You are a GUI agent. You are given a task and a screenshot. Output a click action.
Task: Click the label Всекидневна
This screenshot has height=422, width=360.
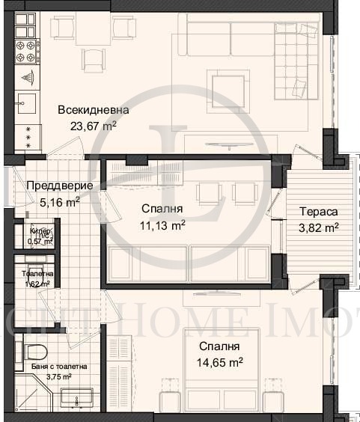click(93, 110)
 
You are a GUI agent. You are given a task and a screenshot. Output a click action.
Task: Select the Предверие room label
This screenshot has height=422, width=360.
click(59, 186)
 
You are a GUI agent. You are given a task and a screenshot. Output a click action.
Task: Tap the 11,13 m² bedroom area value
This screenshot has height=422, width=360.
click(163, 224)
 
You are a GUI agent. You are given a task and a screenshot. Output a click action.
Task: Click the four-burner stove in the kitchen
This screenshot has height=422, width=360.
click(26, 51)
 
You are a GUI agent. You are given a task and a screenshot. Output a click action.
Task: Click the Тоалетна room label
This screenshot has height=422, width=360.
click(37, 274)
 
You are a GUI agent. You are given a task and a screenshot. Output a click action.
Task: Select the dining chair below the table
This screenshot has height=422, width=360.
click(94, 59)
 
